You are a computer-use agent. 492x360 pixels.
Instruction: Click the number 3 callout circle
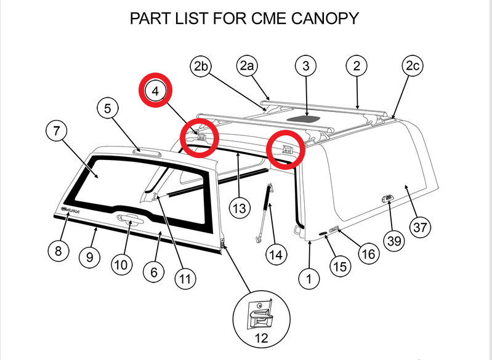[306, 65]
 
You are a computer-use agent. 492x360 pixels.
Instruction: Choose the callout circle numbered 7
[57, 130]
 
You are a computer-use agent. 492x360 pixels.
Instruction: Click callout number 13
[240, 208]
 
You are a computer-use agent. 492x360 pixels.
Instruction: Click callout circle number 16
[368, 253]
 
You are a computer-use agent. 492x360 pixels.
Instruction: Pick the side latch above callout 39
[385, 198]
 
